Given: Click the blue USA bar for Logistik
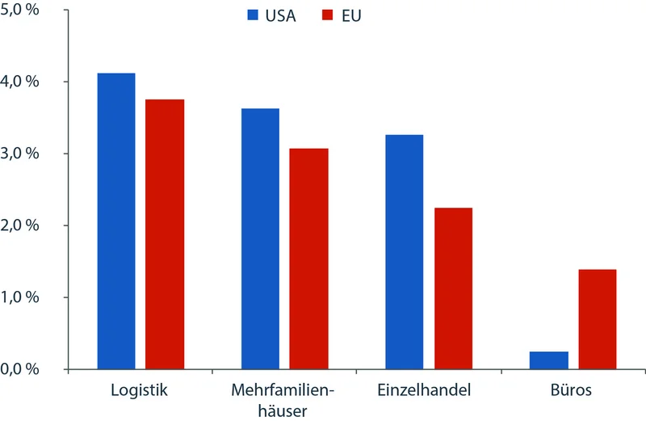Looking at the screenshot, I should pos(115,221).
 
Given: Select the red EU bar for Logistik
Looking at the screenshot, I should pos(165,234).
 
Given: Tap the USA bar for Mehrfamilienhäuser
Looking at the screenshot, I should pos(260,239).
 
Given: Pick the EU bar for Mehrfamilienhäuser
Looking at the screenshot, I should pos(309,259).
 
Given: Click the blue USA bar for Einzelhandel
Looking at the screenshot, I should pos(404,252).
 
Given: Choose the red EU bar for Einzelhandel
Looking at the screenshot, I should pos(453,288).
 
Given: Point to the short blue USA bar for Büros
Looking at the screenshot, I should pos(548,360).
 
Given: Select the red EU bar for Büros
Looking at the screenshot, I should pos(598,319).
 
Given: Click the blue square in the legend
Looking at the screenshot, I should pos(253,15).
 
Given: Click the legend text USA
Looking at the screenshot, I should pos(281,15).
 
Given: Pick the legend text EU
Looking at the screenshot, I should pos(350,15).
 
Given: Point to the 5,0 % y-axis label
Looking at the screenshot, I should pos(22,11).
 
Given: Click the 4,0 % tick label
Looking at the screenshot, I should pos(22,82).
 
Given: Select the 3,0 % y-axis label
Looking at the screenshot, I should pos(22,154).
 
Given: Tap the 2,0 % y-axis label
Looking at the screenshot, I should pos(22,225).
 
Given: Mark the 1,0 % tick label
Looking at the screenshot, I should pos(22,297).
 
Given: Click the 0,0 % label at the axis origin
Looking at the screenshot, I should pos(22,369).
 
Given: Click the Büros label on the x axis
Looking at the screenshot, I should pos(573,391).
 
